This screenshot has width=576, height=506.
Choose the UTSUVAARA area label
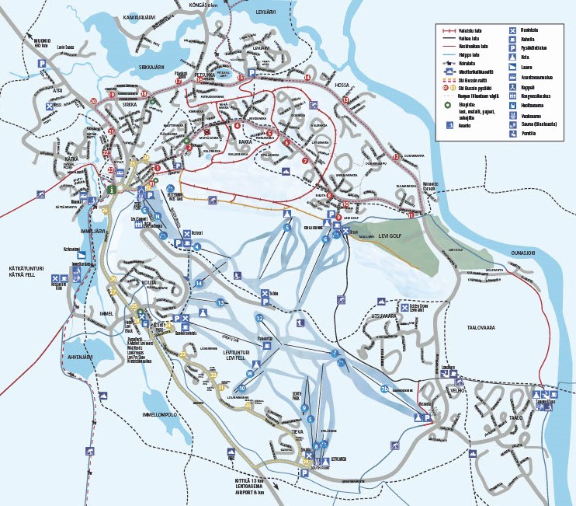coord(388,317)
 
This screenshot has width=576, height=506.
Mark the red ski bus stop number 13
coord(345,100)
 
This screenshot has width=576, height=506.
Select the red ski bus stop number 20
coord(93,102)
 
